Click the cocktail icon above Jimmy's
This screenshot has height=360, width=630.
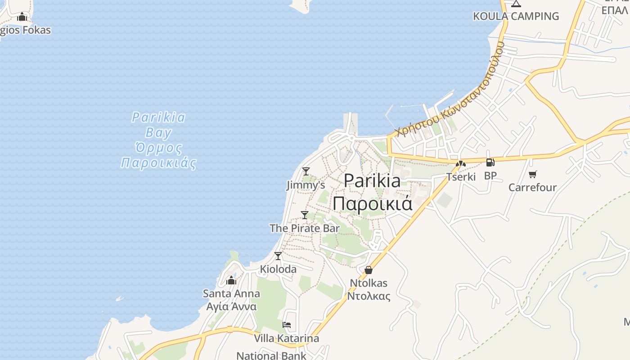tap(306, 171)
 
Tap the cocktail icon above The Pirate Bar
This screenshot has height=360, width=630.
tap(305, 215)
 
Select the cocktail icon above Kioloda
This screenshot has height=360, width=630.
tap(278, 256)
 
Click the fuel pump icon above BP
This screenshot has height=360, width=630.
tap(490, 162)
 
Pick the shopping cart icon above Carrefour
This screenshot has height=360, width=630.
tap(533, 174)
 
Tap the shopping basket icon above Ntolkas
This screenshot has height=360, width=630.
tap(369, 270)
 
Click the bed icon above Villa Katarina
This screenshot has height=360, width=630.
tap(287, 325)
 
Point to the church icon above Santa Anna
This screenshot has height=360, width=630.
tap(231, 281)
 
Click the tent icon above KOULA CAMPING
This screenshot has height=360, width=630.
tap(516, 4)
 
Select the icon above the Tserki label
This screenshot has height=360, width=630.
tap(460, 164)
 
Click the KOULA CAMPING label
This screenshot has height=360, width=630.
tap(516, 16)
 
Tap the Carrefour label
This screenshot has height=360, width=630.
tap(533, 187)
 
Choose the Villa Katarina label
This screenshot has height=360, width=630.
tap(287, 338)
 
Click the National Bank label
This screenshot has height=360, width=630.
tap(271, 355)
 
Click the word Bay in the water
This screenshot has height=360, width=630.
tap(158, 133)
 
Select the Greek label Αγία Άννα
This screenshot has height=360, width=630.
tap(231, 306)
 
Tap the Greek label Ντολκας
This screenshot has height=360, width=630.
tap(369, 296)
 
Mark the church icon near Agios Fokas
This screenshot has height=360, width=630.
tap(22, 18)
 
